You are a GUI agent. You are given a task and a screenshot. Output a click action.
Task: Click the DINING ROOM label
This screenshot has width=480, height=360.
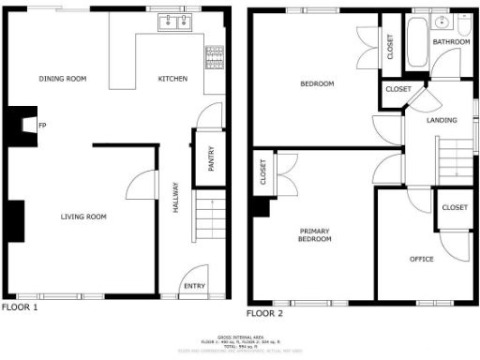point(63,79)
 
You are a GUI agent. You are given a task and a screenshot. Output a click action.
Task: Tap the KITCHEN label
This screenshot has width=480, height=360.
point(172,79)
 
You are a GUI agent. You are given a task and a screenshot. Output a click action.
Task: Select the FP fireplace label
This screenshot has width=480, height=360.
point(41,124)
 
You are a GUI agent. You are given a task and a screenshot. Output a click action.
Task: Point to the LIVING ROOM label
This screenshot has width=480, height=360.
point(83,217)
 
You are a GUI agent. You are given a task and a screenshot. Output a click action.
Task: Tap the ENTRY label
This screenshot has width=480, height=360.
point(194,286)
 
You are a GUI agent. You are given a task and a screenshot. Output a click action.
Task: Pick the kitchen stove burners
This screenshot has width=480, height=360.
point(215,58)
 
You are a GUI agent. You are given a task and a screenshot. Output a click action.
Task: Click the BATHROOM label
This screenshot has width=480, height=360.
point(451,42)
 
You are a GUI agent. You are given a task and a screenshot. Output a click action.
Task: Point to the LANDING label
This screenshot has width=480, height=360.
point(442,121)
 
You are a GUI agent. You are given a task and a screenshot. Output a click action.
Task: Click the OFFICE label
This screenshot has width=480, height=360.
point(422,259)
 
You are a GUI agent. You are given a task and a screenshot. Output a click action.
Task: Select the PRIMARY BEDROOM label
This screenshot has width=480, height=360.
point(316,235)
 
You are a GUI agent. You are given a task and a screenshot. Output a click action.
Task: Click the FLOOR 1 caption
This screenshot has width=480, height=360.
point(20,307)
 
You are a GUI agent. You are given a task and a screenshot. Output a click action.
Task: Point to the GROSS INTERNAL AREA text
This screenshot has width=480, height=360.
point(239,335)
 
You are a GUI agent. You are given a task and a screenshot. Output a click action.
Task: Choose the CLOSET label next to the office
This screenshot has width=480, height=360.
point(455,207)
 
